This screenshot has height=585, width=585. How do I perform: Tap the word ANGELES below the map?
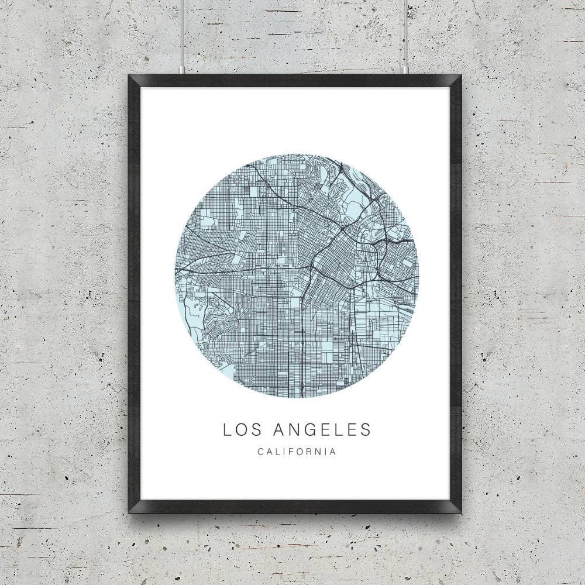(x=322, y=429)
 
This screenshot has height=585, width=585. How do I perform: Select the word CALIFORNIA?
(x=296, y=452)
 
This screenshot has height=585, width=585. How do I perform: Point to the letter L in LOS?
(x=227, y=429)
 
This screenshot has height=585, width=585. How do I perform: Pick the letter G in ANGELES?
(x=310, y=429)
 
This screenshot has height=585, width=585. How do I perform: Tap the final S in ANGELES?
(x=366, y=429)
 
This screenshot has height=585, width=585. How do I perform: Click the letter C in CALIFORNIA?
(x=260, y=452)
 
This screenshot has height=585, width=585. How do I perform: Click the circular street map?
(x=297, y=275)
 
